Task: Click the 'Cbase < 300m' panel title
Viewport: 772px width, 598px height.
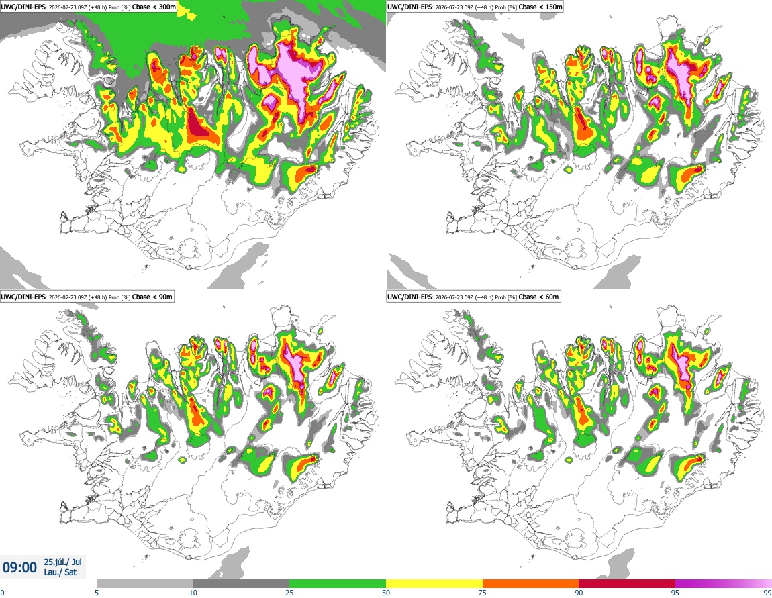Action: coord(154,7)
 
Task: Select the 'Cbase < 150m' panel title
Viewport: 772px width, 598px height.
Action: coord(540,7)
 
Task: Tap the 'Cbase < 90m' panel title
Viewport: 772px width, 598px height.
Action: coord(152,297)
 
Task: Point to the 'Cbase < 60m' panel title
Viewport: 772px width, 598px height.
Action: coord(538,297)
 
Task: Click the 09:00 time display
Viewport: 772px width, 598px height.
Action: coord(19,568)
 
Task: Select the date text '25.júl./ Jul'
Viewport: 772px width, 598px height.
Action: coord(62,562)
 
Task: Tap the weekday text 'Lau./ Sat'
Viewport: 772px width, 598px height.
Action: coord(60,572)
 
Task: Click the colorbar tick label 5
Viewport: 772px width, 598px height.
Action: coord(97,593)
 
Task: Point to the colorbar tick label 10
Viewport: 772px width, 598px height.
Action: coord(193,593)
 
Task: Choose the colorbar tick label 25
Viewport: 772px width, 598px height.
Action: coord(289,593)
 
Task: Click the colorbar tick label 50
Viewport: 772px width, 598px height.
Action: coord(386,593)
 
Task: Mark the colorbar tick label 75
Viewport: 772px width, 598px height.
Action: coord(483,593)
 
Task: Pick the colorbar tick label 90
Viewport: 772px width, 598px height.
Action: coord(579,593)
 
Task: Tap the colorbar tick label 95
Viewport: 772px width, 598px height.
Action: coord(675,593)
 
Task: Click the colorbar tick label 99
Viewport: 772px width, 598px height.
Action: coord(767,593)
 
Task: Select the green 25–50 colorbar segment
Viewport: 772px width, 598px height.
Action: coord(338,584)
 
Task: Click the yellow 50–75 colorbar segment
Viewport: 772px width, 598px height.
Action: coord(434,584)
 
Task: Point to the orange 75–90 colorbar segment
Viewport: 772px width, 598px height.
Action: coord(531,584)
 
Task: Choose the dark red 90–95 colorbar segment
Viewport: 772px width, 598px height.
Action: coord(627,584)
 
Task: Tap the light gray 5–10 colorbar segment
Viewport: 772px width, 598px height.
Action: coord(145,584)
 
